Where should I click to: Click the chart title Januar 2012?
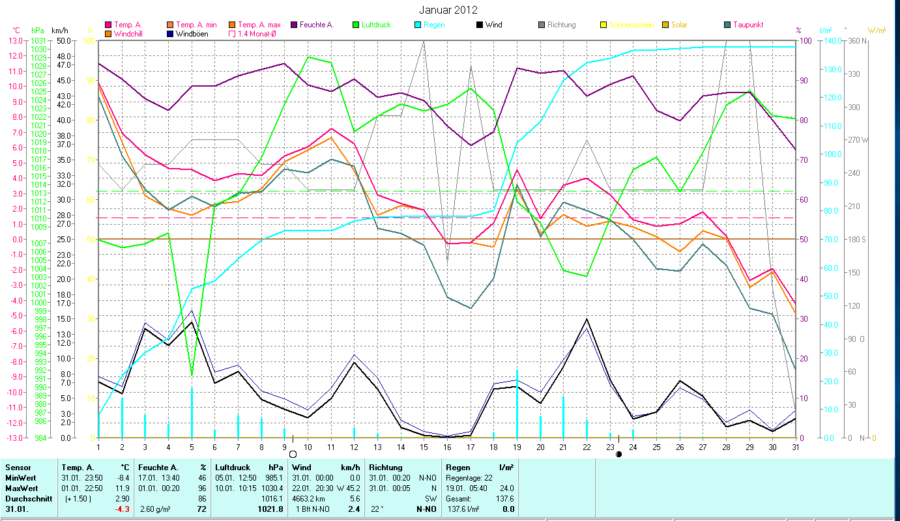point(449,10)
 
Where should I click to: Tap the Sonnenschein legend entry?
point(626,25)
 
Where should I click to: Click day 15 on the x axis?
point(424,447)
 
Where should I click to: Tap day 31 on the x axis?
point(795,447)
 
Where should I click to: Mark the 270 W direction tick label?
point(858,140)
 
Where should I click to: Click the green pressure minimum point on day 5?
point(192,374)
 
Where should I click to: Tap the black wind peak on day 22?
point(587,319)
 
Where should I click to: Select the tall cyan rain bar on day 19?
point(517,404)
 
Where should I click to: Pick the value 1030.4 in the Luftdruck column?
point(272,488)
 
